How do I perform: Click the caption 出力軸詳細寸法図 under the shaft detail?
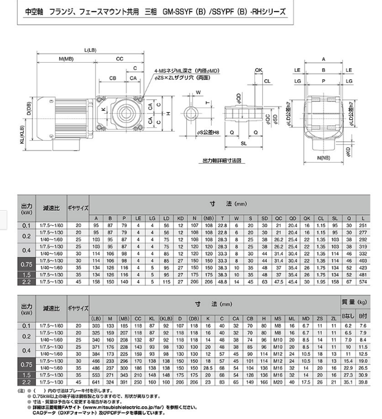point(222,161)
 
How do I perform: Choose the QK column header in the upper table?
point(306,219)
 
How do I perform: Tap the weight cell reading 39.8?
point(362,382)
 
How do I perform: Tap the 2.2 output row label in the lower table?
point(26,382)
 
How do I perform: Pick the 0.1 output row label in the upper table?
point(26,226)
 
